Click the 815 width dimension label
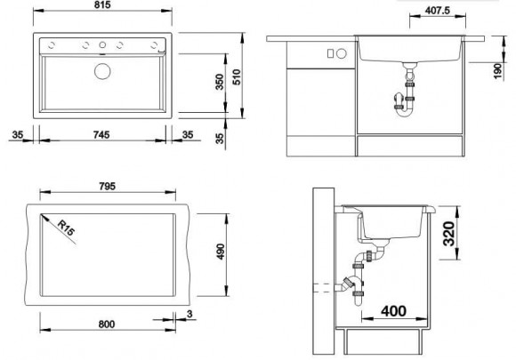[x=102, y=5]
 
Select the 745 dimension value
[x=101, y=135]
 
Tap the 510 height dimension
[x=237, y=77]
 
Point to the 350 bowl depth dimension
[x=220, y=82]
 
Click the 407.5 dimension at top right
[x=438, y=11]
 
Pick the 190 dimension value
[x=498, y=71]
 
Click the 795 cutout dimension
[x=108, y=187]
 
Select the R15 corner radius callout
[x=66, y=228]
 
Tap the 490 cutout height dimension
[x=221, y=252]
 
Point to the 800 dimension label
[x=107, y=324]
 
